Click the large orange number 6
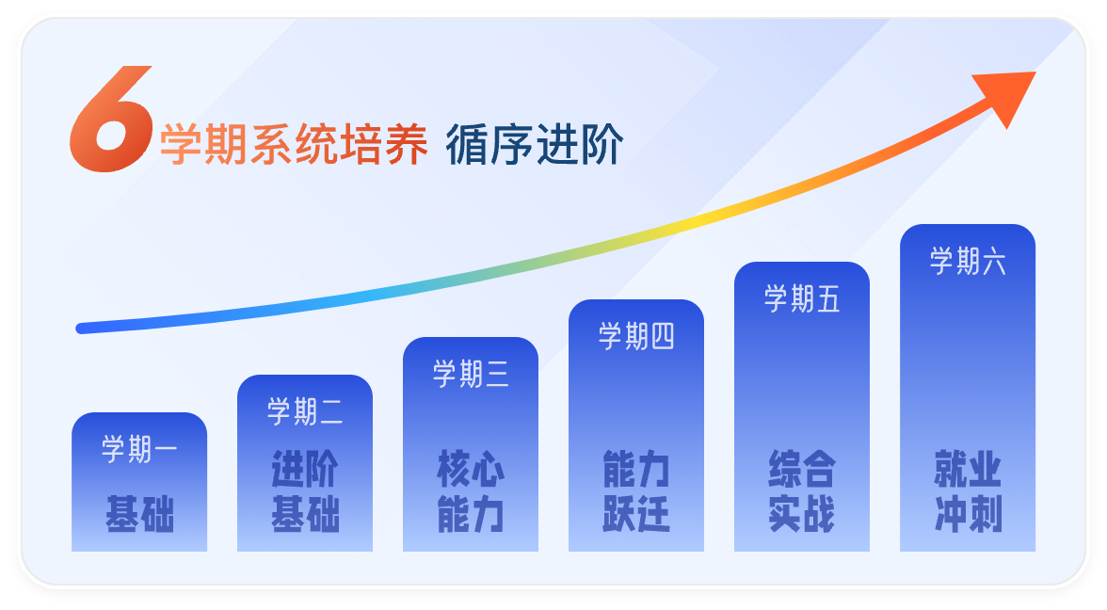click(111, 120)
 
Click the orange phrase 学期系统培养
click(294, 146)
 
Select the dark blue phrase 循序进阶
click(534, 146)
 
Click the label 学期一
click(139, 449)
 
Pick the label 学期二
click(305, 411)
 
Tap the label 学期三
click(471, 374)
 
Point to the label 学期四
click(636, 336)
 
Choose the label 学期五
click(802, 298)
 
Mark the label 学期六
click(968, 261)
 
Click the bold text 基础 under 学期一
click(139, 514)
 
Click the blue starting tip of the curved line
click(83, 328)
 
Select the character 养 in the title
click(407, 146)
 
